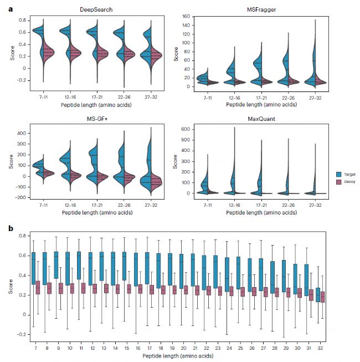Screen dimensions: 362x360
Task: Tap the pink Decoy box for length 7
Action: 38,288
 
